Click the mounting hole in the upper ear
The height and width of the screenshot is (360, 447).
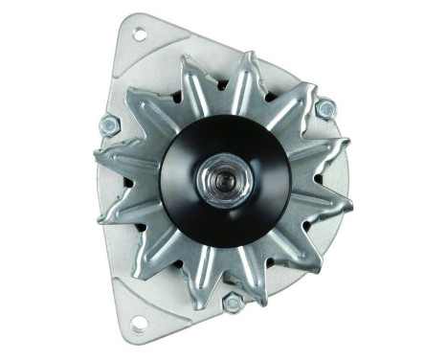(x=139, y=34)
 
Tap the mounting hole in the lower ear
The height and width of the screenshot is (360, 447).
(x=139, y=324)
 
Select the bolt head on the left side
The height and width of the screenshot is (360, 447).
(x=108, y=124)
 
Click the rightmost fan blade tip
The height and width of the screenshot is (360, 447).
(x=345, y=204)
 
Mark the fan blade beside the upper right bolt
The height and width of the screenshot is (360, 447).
(x=304, y=96)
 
